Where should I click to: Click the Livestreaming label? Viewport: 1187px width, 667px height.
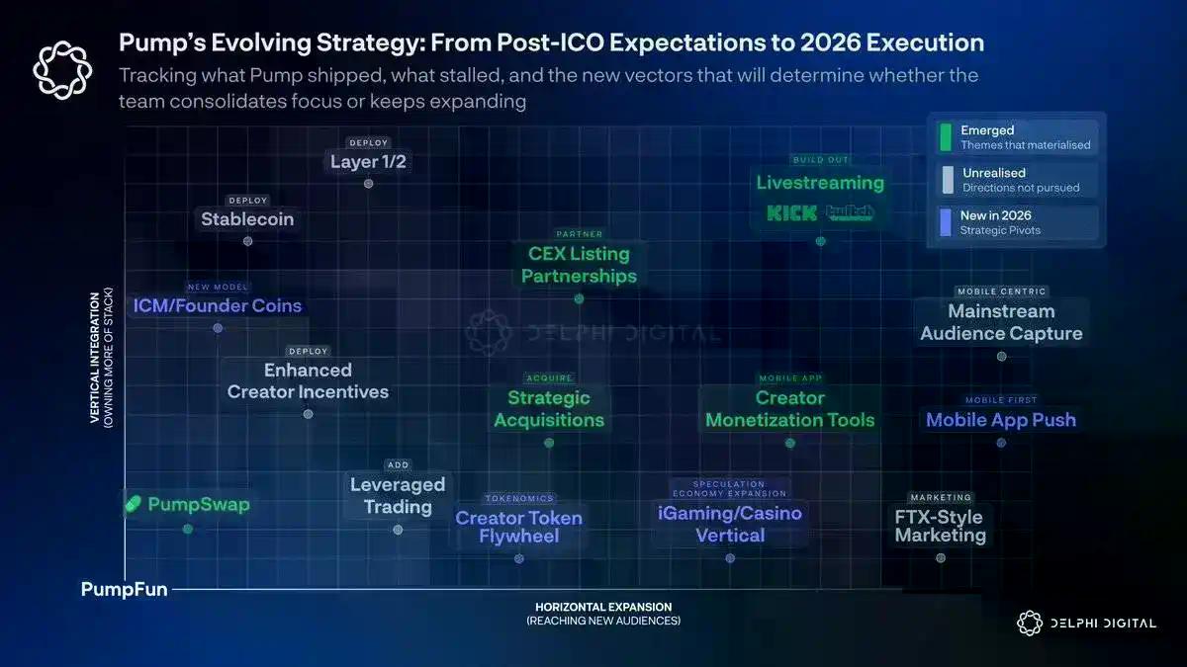click(x=820, y=183)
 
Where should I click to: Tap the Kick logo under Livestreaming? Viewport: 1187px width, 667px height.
click(x=792, y=212)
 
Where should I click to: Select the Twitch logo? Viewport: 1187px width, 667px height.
click(x=850, y=212)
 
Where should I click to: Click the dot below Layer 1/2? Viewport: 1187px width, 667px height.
click(x=369, y=184)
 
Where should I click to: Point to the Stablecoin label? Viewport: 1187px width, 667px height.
click(x=247, y=219)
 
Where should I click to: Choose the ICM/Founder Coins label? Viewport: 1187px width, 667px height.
click(x=217, y=305)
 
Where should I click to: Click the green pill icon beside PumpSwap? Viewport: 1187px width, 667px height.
click(x=134, y=505)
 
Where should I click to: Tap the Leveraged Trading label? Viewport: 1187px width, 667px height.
click(x=398, y=496)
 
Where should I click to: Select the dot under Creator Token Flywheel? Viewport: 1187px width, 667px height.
click(x=519, y=558)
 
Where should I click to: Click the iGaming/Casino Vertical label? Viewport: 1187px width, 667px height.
click(x=730, y=525)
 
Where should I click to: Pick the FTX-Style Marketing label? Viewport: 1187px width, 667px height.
click(x=941, y=526)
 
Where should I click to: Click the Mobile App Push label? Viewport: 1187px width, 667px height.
click(x=1001, y=420)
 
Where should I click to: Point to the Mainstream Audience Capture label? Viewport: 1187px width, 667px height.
click(x=1001, y=323)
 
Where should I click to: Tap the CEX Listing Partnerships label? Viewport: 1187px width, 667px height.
click(x=579, y=265)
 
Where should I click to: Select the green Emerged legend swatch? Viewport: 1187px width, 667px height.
click(x=947, y=136)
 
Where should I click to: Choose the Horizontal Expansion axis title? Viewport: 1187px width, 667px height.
click(x=603, y=607)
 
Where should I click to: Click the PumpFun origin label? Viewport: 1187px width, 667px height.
click(x=124, y=590)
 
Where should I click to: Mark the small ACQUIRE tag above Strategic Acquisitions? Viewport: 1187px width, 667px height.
click(x=549, y=378)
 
